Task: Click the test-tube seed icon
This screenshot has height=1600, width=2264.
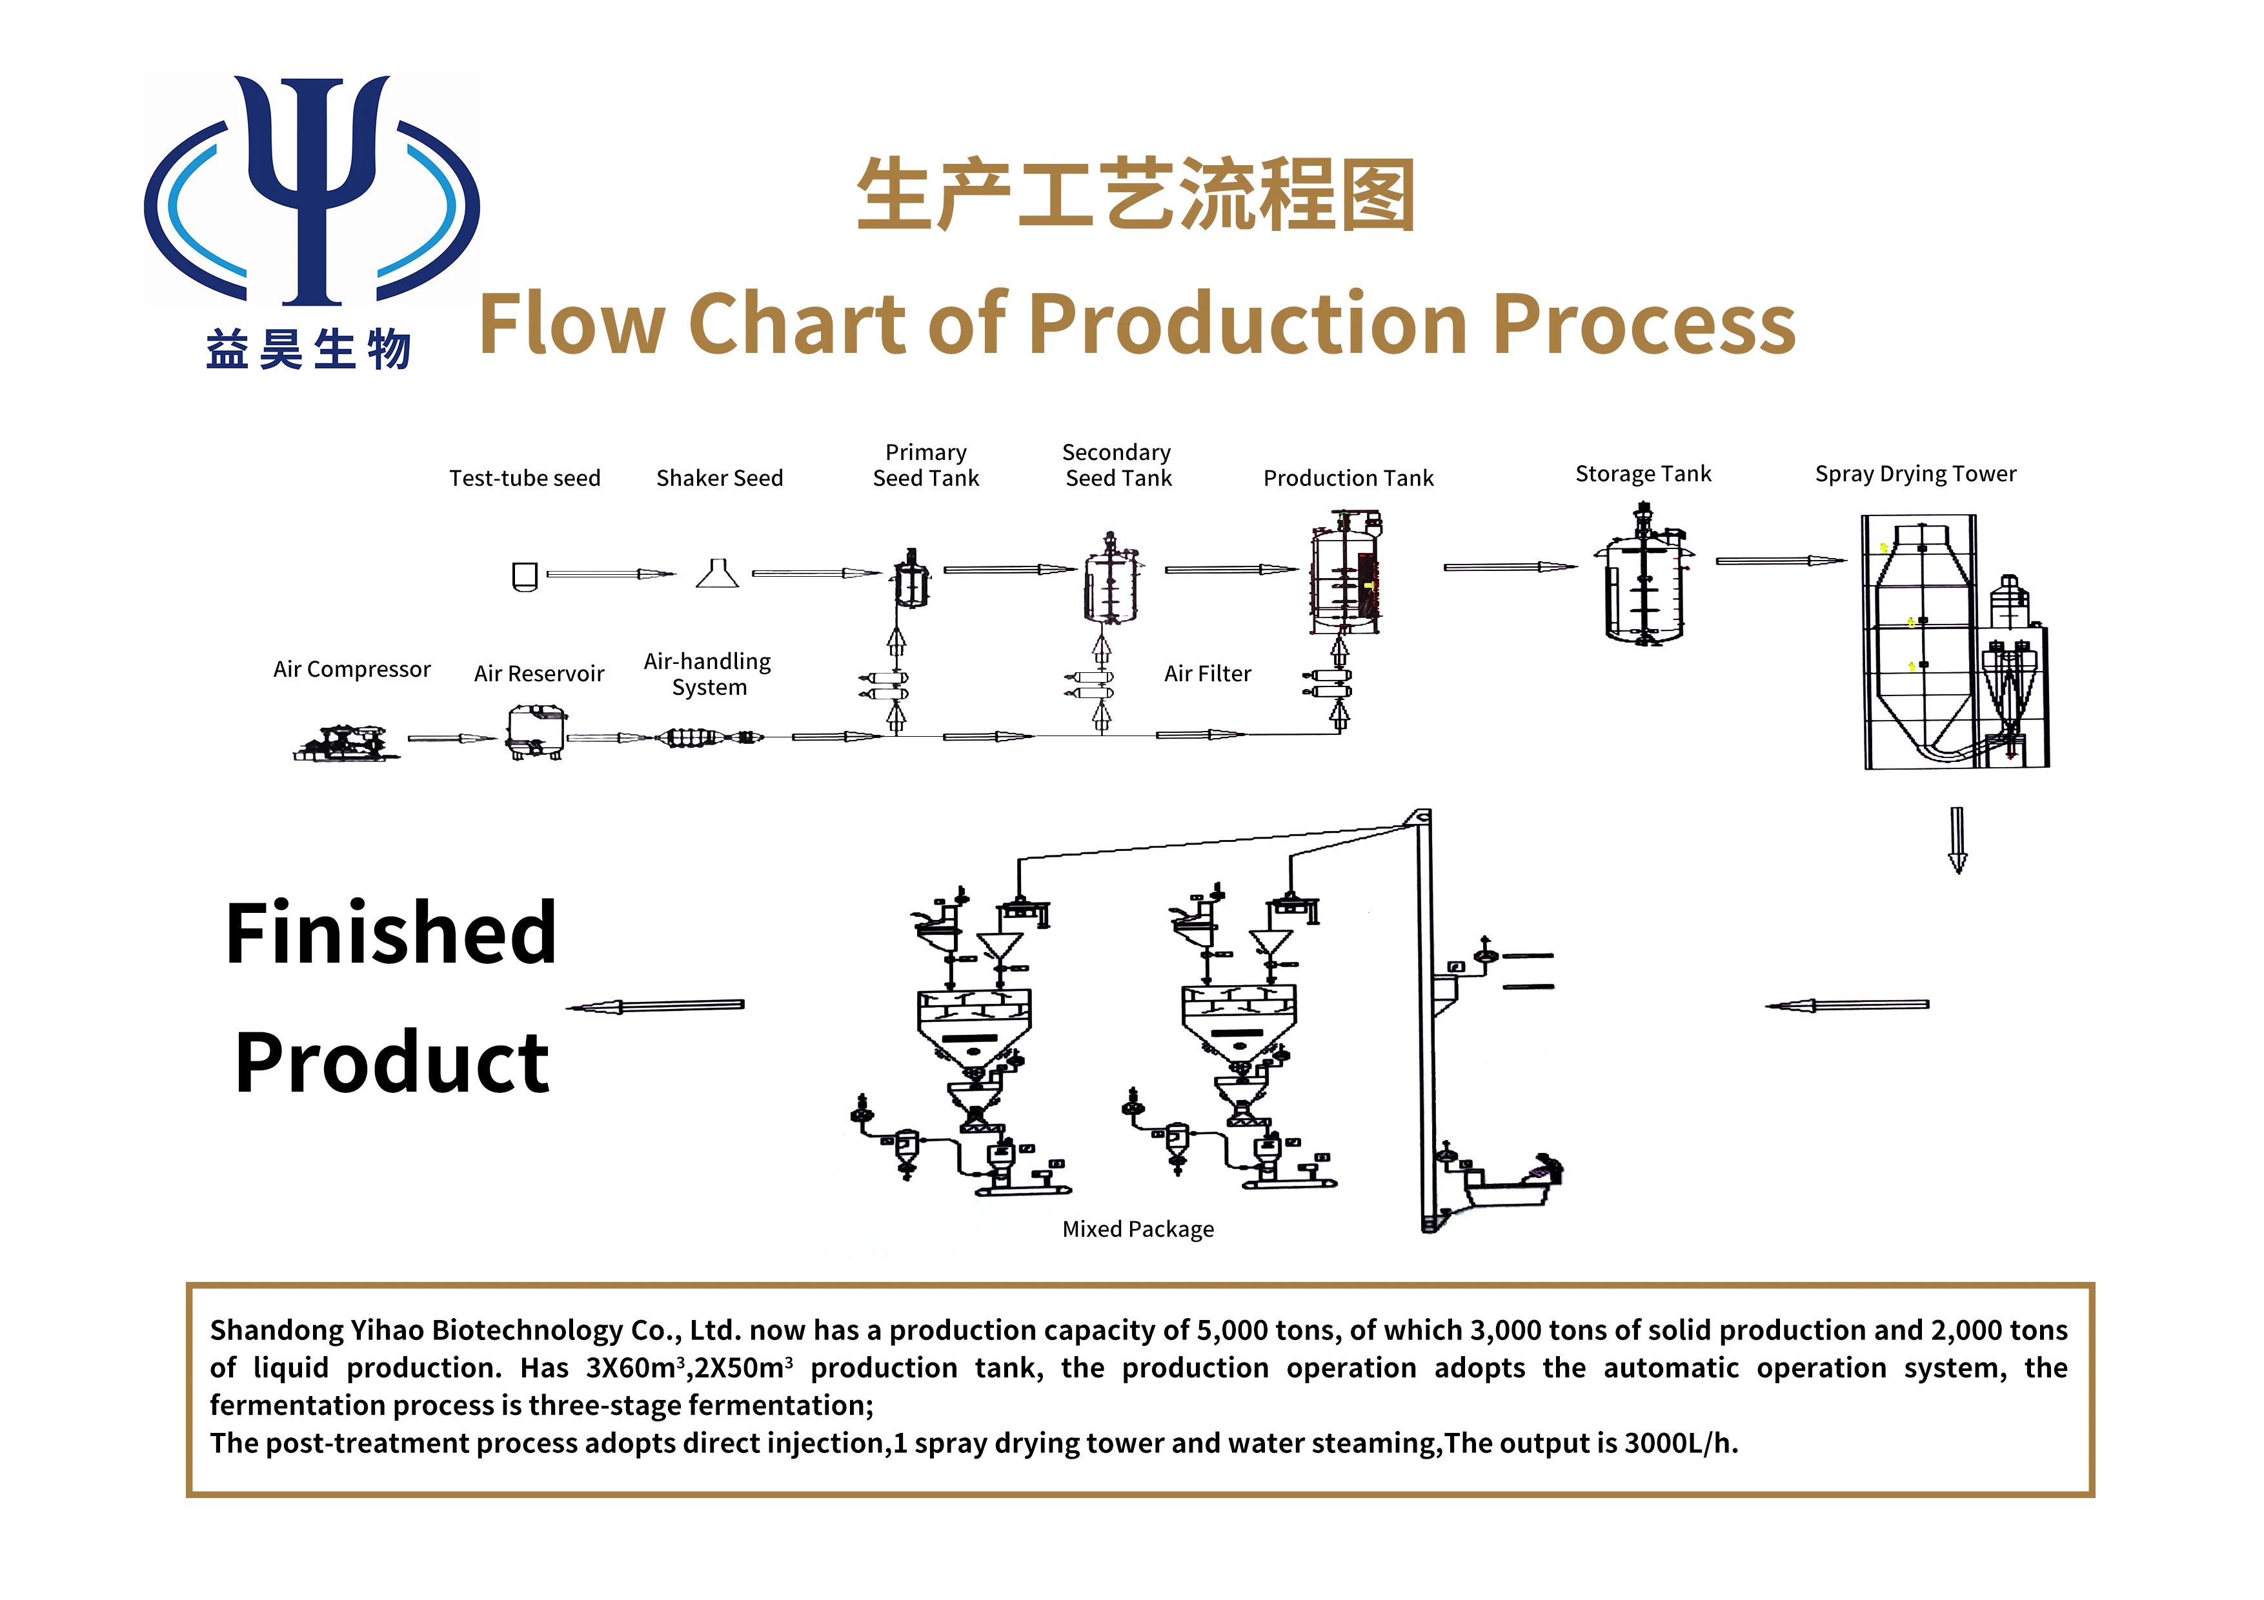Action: tap(525, 575)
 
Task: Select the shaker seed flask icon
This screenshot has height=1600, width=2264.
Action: tap(717, 573)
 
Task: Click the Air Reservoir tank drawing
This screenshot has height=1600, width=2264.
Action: tap(536, 732)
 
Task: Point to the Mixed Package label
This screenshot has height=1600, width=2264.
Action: tap(1138, 1229)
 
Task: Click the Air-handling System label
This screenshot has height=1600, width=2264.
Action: tap(708, 674)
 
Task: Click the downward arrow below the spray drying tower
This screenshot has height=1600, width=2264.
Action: tap(1957, 840)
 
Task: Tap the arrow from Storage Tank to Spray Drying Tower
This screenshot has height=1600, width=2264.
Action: tap(1781, 561)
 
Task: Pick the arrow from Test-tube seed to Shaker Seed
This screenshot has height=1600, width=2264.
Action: tap(611, 574)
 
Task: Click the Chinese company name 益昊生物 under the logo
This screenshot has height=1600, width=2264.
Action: tap(308, 350)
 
